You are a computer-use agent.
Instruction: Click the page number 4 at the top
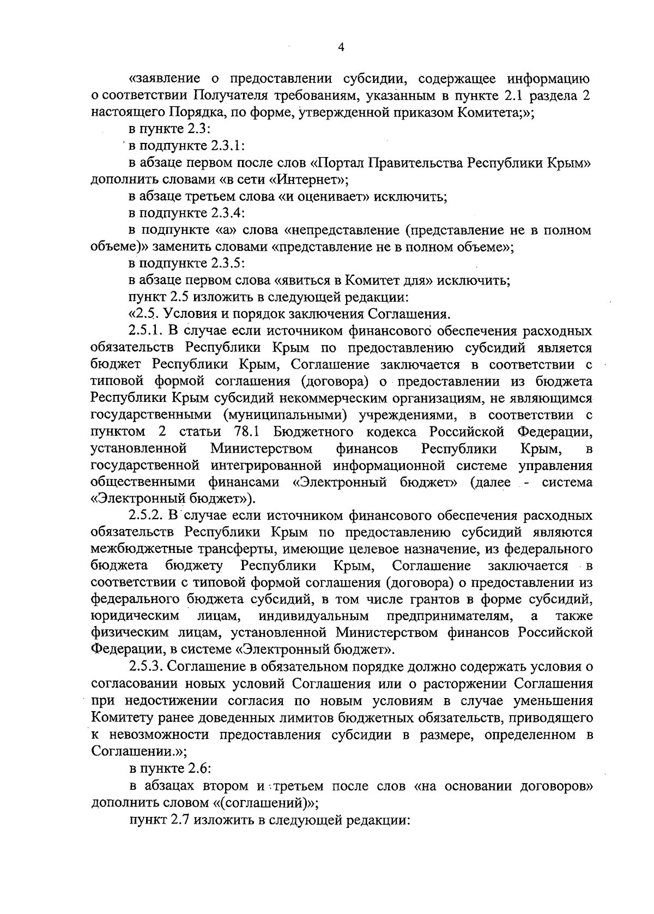point(341,47)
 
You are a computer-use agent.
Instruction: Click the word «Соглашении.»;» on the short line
point(140,751)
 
